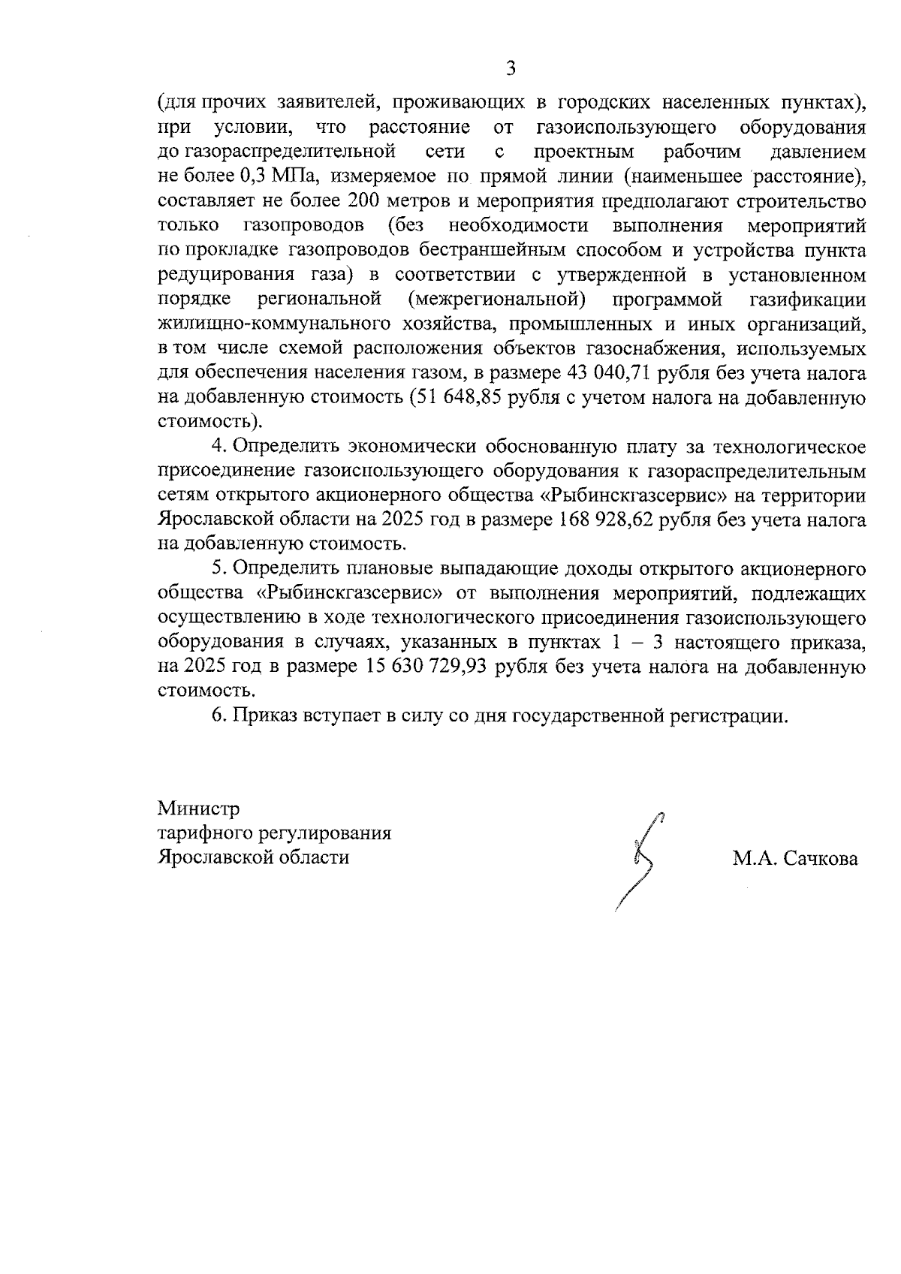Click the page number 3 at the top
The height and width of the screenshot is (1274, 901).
click(x=511, y=69)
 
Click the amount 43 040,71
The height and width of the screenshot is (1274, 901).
click(x=601, y=373)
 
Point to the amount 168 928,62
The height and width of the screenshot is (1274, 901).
click(x=606, y=520)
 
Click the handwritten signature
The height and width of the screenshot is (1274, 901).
click(x=641, y=860)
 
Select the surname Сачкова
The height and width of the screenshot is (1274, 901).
click(x=821, y=859)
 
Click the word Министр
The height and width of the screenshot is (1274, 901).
click(x=198, y=809)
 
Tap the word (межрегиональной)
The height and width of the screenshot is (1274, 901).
click(x=496, y=300)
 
